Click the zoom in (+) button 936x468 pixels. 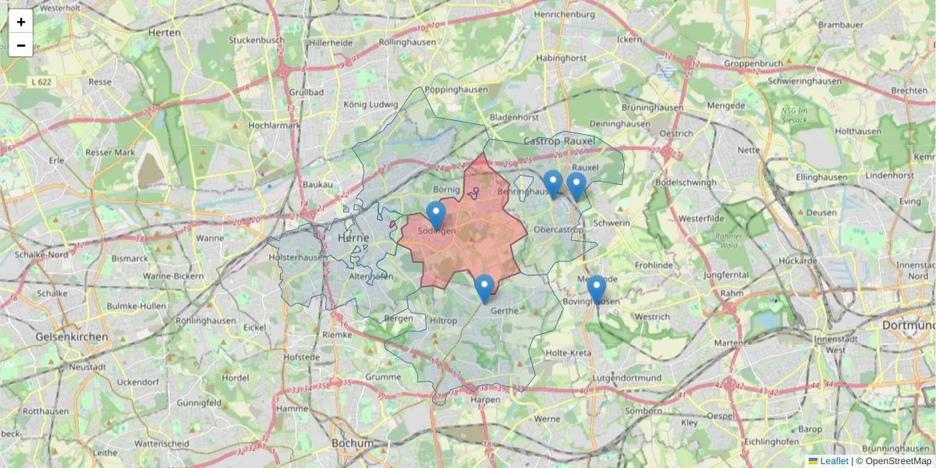21,22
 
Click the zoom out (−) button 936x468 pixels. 21,45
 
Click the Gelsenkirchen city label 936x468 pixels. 72,336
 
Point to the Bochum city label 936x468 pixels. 353,442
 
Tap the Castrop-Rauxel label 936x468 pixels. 559,141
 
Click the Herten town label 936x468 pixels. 164,33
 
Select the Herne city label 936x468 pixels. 358,238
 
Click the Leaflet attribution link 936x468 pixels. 833,461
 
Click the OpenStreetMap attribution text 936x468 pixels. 898,461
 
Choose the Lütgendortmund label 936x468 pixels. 626,378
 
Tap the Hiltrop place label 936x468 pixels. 444,321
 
